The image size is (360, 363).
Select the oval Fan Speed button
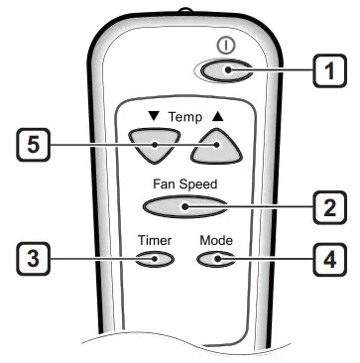tap(184, 206)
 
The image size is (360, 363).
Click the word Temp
tap(183, 116)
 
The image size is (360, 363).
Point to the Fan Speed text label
tap(184, 183)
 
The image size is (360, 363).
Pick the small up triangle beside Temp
tap(217, 116)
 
